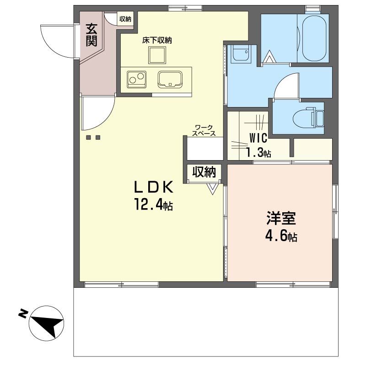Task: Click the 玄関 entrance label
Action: (x=91, y=35)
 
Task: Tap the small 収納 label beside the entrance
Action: (x=125, y=19)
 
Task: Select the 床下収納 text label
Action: (x=157, y=40)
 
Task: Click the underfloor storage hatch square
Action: (x=157, y=55)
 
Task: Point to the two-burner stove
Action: (x=136, y=79)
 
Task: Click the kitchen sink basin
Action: (x=170, y=79)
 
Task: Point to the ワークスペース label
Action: (x=204, y=130)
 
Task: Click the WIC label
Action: (x=258, y=138)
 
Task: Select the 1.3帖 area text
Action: (x=258, y=153)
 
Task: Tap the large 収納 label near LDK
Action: (x=204, y=172)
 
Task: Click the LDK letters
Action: (x=153, y=187)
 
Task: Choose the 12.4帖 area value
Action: (x=153, y=204)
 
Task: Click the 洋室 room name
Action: (x=281, y=218)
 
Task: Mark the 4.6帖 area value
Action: (x=281, y=236)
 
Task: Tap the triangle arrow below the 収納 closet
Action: (x=213, y=189)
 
